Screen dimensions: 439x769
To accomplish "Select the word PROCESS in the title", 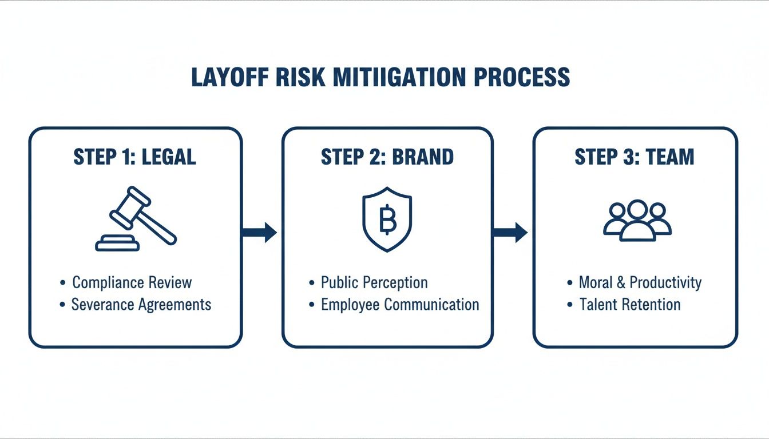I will coord(522,77).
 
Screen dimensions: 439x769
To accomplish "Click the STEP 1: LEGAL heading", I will coord(135,157).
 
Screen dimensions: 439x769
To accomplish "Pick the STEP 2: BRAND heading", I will coord(387,157).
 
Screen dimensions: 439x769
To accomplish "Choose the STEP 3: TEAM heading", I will coord(635,157).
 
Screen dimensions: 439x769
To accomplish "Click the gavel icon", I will coord(136,219).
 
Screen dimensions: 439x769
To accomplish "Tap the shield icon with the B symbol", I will coord(387,219).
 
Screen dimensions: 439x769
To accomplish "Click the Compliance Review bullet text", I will coord(132,282).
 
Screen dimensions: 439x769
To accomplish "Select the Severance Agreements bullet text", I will coord(141,304).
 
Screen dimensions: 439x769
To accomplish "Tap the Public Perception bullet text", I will coord(374,282).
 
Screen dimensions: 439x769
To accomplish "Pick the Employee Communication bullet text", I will coord(400,304).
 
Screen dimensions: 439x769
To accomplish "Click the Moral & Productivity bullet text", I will coord(640,282).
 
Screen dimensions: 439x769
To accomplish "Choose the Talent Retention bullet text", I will coord(630,304).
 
